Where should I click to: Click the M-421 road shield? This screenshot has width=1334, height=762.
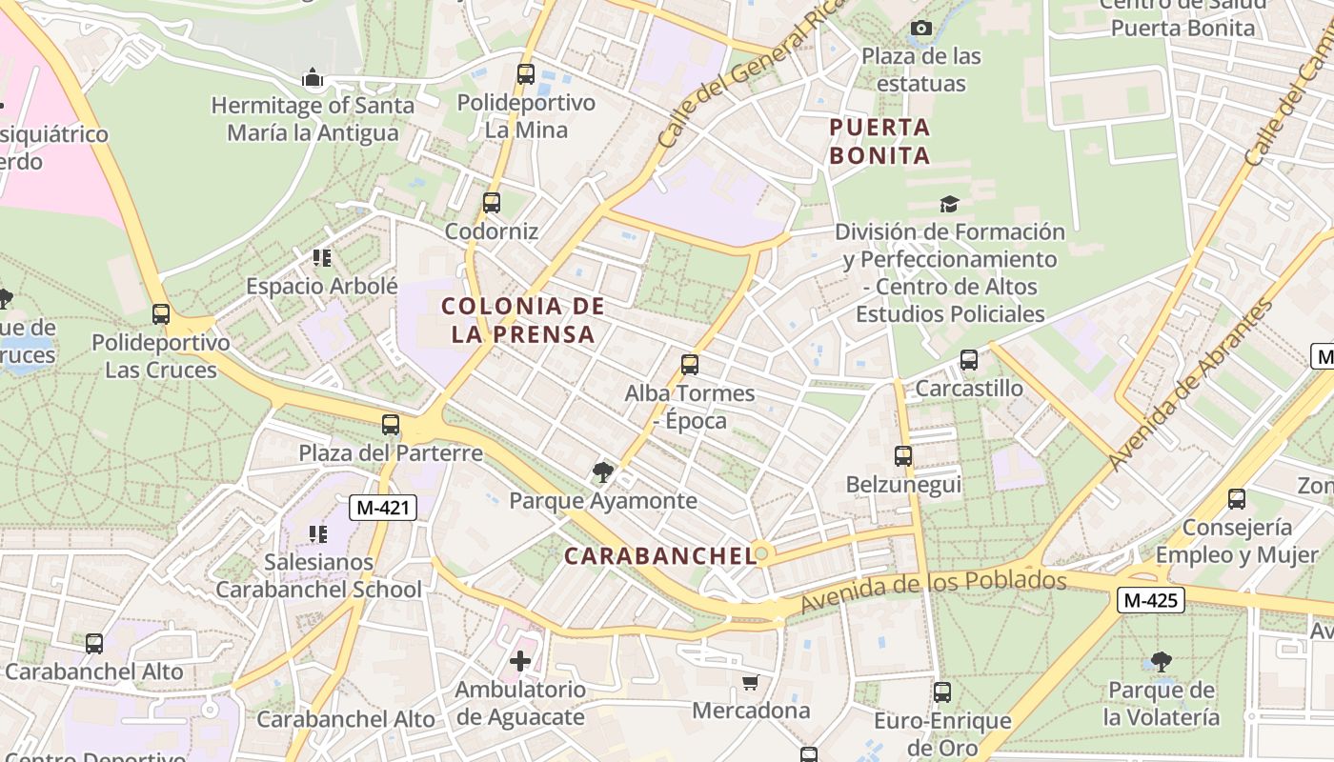383,508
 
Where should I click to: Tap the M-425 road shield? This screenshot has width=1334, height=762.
1151,600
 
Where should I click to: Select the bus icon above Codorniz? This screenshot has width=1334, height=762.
492,203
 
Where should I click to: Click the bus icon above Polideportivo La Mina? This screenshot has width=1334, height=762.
525,74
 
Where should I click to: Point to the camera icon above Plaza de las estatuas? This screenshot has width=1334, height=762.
920,29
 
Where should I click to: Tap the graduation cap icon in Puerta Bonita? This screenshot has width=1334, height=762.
949,204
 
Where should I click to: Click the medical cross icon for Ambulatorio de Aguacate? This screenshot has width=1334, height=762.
520,660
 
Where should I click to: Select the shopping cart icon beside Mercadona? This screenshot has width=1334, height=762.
751,682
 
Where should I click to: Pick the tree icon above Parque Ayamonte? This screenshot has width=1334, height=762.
602,471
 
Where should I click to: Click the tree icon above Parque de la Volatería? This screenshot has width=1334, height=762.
1161,661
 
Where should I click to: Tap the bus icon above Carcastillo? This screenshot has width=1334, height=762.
969,360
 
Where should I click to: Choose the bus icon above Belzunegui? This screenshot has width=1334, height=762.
903,456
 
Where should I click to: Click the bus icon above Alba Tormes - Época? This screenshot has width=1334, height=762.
690,365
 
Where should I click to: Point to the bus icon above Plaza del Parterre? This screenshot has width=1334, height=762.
391,425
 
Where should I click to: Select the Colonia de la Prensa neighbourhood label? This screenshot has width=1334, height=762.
523,320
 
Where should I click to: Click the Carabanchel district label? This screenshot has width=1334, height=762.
660,556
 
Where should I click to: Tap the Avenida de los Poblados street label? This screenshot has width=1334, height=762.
933,591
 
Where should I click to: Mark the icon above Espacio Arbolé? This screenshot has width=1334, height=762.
322,257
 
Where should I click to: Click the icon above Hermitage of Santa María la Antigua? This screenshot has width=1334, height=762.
313,78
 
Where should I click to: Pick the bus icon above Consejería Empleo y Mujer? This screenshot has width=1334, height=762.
1237,499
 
